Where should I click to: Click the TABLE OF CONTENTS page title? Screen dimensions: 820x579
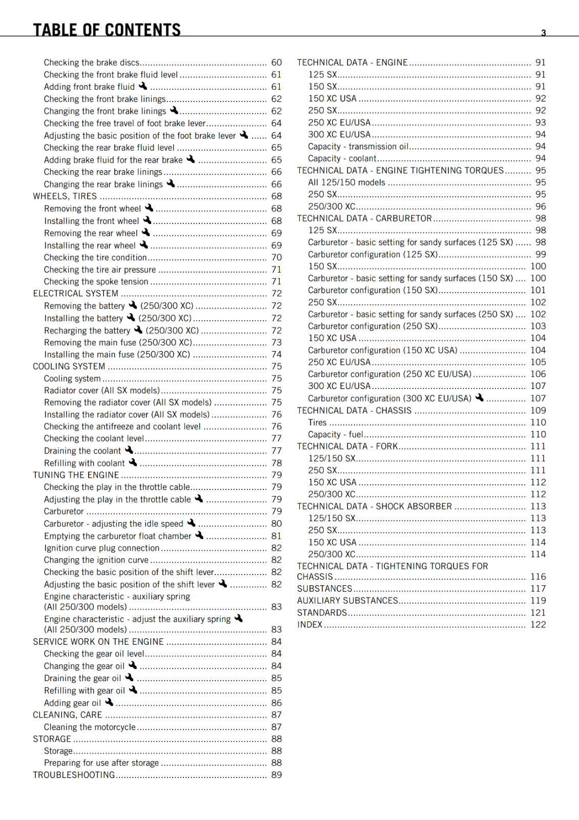click(x=107, y=30)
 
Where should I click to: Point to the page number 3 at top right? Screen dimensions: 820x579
click(x=544, y=33)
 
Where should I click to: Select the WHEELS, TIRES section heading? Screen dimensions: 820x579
click(x=65, y=196)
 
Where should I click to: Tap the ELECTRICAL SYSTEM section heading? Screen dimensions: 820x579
click(x=75, y=294)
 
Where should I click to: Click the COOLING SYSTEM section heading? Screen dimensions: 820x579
click(x=69, y=366)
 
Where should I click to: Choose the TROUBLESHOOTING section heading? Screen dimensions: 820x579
click(x=74, y=775)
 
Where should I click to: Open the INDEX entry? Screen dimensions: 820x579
click(x=310, y=625)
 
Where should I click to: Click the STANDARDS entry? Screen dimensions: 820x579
click(x=322, y=613)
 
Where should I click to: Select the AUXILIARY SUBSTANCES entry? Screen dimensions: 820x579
click(x=347, y=601)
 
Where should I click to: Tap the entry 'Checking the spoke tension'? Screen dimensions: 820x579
click(x=96, y=282)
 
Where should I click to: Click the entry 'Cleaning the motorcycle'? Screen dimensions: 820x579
click(x=90, y=727)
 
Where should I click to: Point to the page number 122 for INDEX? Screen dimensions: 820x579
click(x=538, y=625)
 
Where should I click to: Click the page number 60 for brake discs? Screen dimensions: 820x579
click(x=277, y=63)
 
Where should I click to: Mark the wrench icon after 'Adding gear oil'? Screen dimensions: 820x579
click(x=109, y=702)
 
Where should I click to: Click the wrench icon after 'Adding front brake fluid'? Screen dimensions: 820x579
click(x=143, y=86)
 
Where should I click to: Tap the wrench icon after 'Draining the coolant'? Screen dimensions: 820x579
click(x=129, y=450)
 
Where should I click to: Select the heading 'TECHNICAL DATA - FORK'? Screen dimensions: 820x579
click(x=347, y=446)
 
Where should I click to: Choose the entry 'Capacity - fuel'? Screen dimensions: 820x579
click(x=335, y=435)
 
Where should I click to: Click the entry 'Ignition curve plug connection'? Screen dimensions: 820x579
click(x=101, y=548)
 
